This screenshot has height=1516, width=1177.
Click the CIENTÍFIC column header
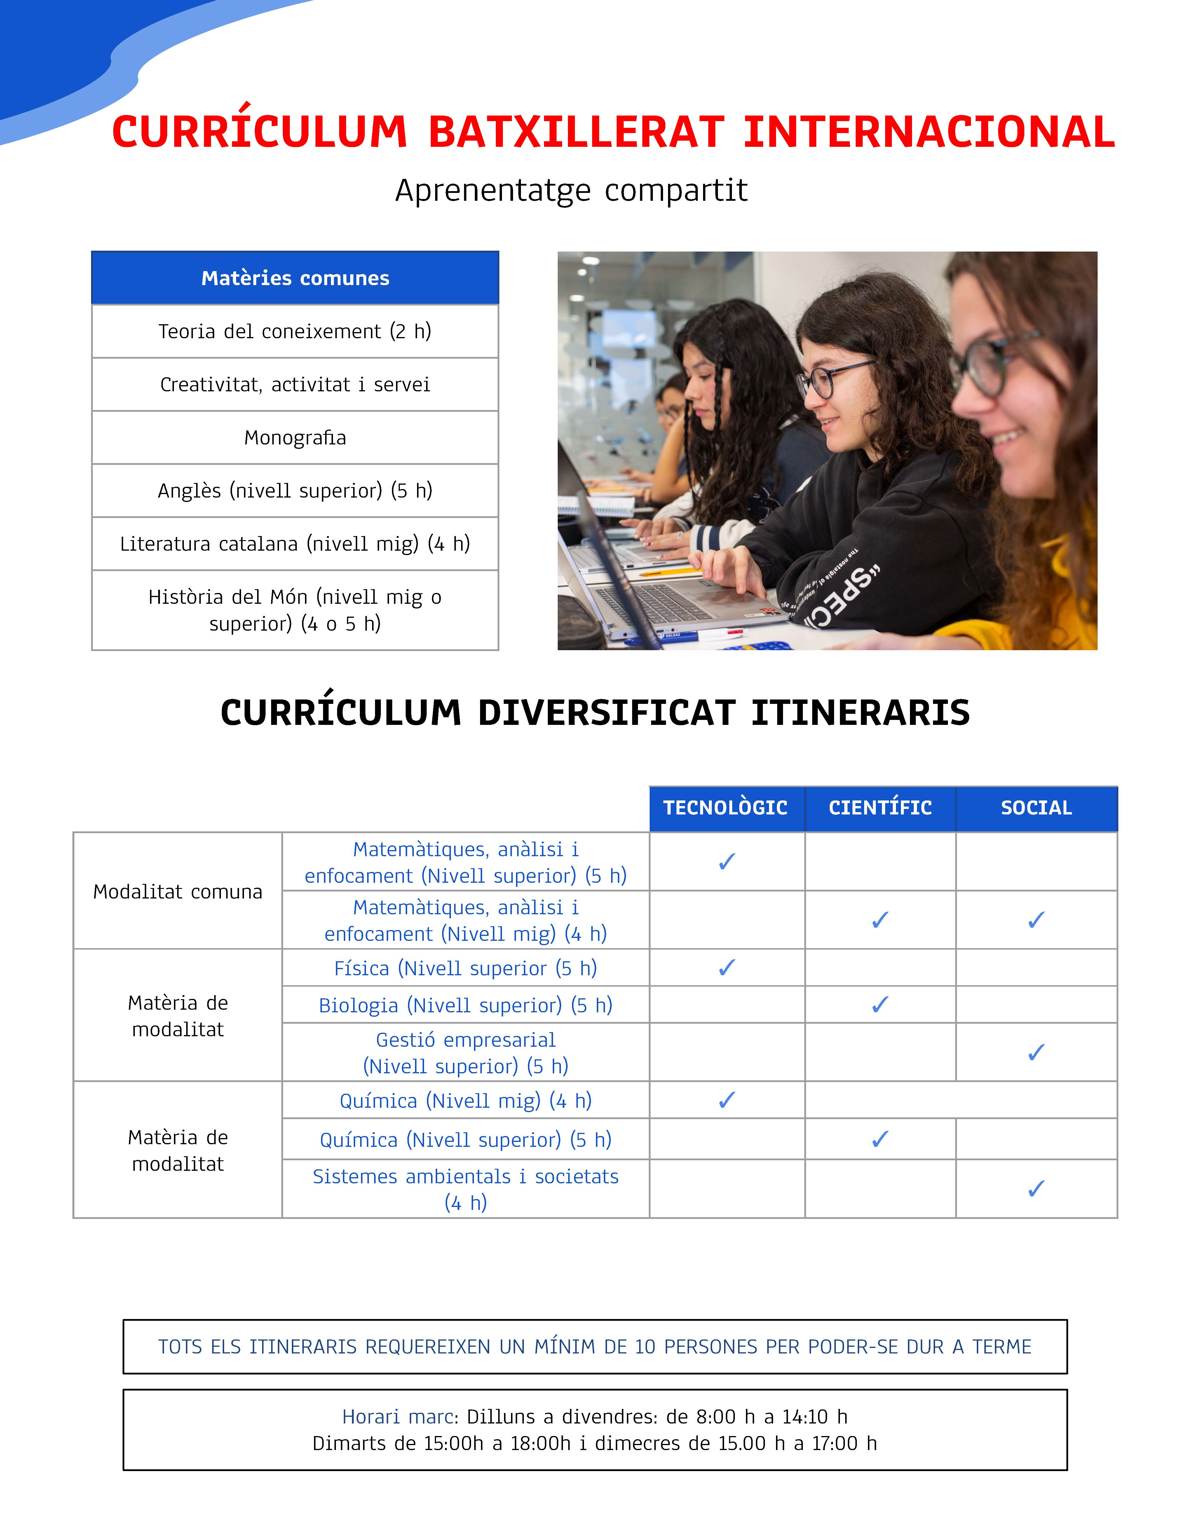click(x=880, y=808)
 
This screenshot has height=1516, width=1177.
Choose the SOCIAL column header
click(x=1036, y=808)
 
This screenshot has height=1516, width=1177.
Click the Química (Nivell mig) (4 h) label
click(x=465, y=1101)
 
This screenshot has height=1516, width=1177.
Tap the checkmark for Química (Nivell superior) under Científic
click(x=880, y=1139)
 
